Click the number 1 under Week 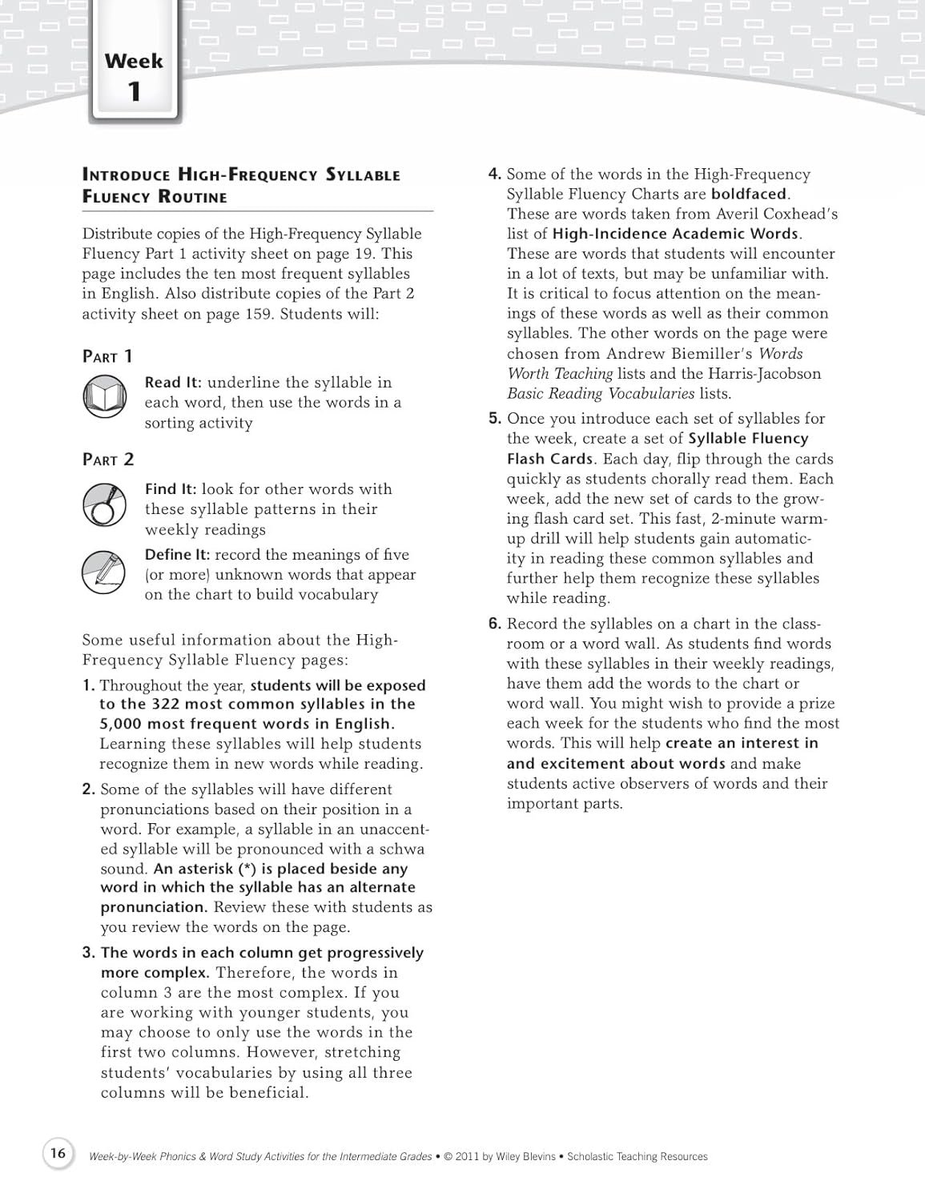click(x=134, y=92)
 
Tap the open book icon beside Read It click(x=104, y=397)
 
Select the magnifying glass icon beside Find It click(x=104, y=504)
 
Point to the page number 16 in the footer click(x=58, y=1153)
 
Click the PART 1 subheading click(x=107, y=356)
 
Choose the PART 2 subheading click(x=108, y=460)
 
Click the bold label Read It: click(x=173, y=383)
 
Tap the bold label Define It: click(x=177, y=555)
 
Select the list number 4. click(x=494, y=174)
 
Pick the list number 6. click(x=494, y=624)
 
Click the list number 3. click(x=88, y=953)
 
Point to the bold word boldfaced click(x=748, y=194)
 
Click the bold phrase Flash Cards click(x=549, y=459)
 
